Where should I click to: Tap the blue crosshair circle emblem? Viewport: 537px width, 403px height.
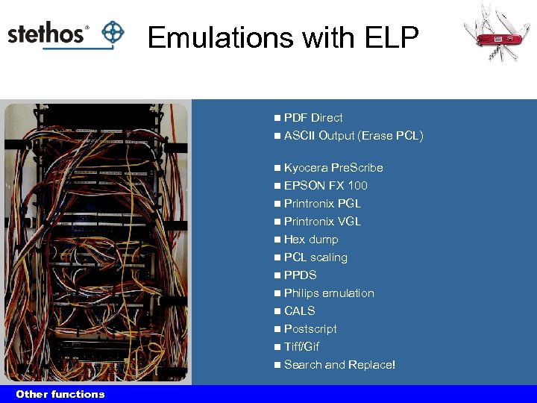[x=112, y=32]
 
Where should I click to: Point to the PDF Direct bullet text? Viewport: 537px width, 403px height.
[x=313, y=118]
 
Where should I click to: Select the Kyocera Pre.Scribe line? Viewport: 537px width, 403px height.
[x=333, y=168]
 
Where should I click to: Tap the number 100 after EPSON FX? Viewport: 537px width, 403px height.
[x=357, y=186]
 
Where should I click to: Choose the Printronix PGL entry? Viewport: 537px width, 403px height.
[x=322, y=204]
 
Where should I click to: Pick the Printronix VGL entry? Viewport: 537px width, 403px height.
[x=322, y=222]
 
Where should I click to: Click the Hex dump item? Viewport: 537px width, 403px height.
[x=311, y=240]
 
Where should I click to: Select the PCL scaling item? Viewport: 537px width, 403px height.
[x=315, y=257]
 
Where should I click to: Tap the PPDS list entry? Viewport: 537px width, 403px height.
[x=300, y=275]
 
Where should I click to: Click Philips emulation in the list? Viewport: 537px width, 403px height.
[x=329, y=293]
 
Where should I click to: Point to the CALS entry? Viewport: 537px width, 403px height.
[x=299, y=311]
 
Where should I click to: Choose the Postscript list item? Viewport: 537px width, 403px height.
[x=310, y=329]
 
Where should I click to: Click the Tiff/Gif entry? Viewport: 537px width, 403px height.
[x=301, y=347]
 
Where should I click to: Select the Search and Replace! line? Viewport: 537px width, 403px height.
[x=339, y=365]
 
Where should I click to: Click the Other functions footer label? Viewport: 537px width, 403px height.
[x=60, y=394]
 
